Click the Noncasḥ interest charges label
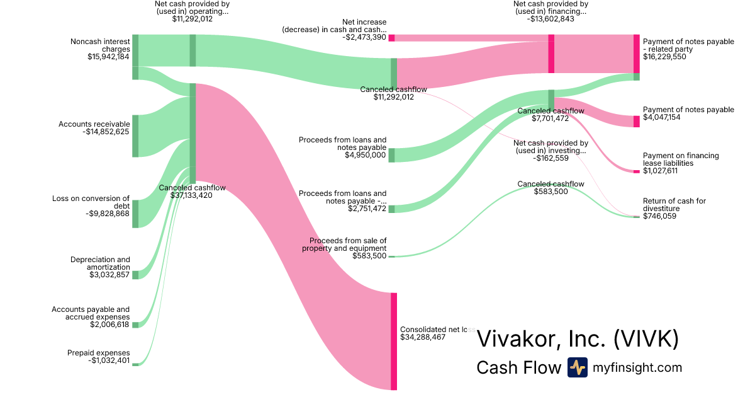click(100, 45)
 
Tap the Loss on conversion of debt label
click(91, 202)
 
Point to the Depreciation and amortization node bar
click(135, 275)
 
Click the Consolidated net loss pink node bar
click(394, 341)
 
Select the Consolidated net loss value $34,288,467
click(432, 337)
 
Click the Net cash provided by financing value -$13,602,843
click(552, 19)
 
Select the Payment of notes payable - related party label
click(688, 45)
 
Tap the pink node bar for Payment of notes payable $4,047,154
click(636, 122)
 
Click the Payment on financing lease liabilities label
click(681, 159)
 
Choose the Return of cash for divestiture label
click(674, 205)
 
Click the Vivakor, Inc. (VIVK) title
click(578, 338)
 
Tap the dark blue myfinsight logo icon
click(577, 367)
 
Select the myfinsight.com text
click(637, 367)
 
